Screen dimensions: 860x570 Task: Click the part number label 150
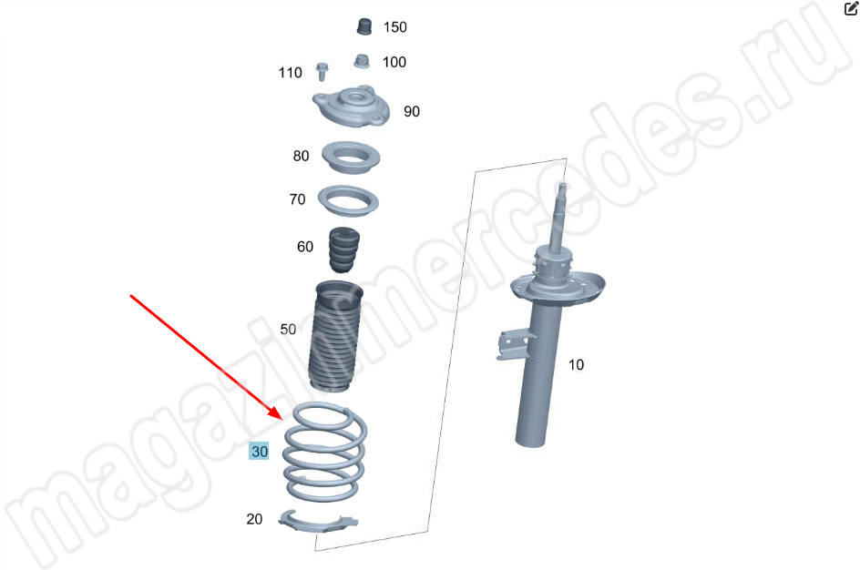tap(394, 26)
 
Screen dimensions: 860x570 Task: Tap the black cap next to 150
tap(364, 26)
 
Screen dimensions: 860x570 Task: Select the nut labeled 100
tap(361, 61)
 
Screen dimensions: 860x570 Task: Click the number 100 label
tap(394, 62)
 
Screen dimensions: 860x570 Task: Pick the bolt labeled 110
tap(322, 72)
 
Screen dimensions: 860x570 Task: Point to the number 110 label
tap(290, 72)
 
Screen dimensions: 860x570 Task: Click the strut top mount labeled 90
tap(351, 107)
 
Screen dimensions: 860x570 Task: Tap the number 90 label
tap(412, 111)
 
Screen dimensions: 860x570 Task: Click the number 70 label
tap(297, 198)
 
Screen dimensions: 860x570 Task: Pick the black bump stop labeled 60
tap(344, 249)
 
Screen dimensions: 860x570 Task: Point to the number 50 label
tap(288, 329)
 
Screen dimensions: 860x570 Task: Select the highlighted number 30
tap(259, 451)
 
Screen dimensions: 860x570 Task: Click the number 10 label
tap(576, 364)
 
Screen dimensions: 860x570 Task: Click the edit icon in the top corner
tap(851, 8)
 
